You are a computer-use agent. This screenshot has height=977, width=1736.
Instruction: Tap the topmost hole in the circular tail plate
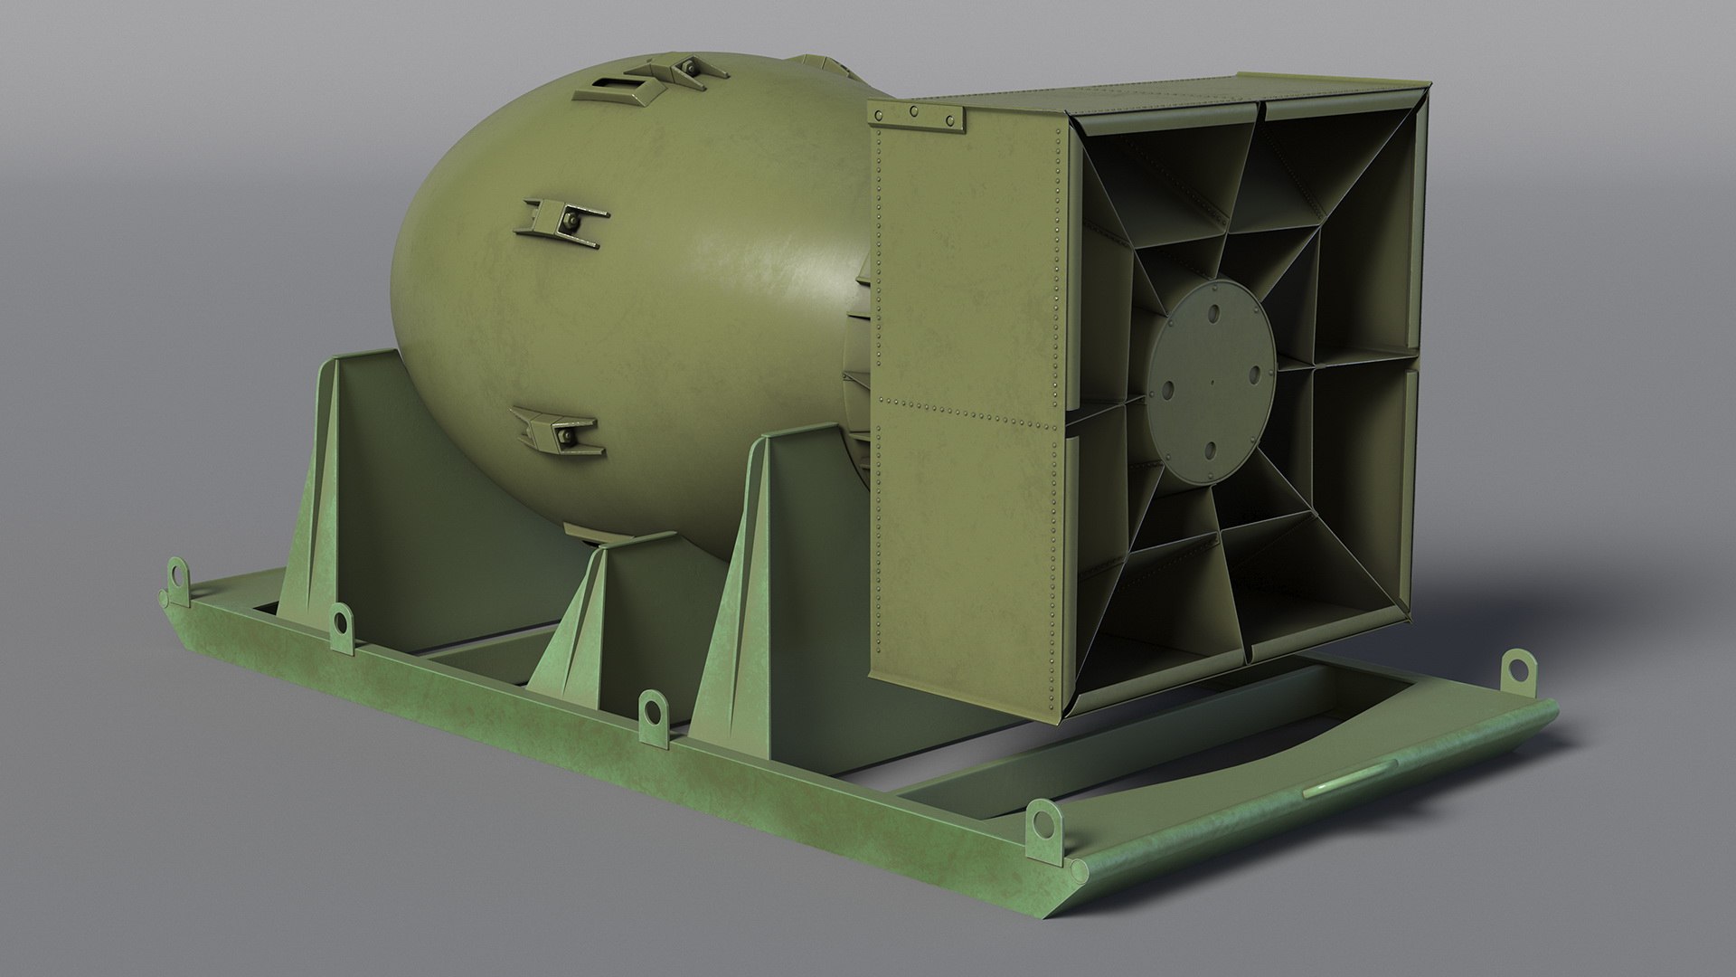pos(1213,313)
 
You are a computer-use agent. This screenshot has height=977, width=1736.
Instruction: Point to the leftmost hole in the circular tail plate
pos(1167,391)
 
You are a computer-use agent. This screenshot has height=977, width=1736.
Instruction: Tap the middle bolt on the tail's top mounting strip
pos(914,111)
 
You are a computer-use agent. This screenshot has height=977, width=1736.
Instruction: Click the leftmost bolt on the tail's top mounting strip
pos(876,110)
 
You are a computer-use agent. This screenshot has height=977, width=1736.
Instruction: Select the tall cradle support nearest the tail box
pos(769,579)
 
